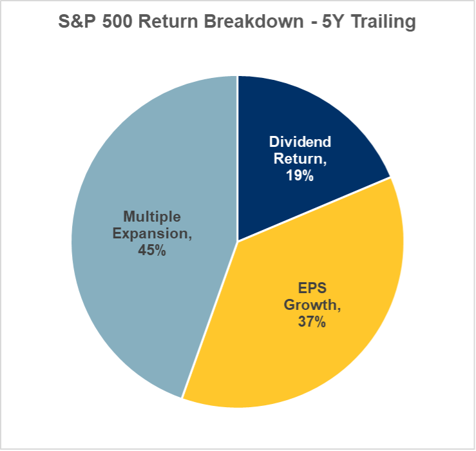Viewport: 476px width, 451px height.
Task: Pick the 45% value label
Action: point(152,250)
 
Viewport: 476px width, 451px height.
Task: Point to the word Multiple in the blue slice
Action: point(152,216)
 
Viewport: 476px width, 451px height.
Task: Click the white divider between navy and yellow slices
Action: point(314,209)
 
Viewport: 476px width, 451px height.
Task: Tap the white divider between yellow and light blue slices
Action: point(210,319)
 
